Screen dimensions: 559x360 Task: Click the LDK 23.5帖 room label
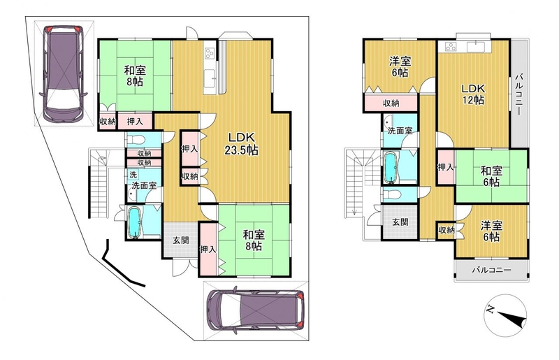pos(241,143)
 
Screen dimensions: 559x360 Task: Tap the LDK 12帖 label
pos(474,94)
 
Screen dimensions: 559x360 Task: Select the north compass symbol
pos(505,315)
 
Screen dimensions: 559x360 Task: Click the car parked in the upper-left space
pos(63,73)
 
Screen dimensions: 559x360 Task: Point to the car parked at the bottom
pos(255,310)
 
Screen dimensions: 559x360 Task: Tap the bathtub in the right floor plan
pos(390,167)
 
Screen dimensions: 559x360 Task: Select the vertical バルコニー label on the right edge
pos(519,94)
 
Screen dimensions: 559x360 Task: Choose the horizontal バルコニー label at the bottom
pos(492,270)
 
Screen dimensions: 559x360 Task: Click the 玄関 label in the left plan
pos(181,240)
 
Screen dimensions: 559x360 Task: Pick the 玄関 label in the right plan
pos(400,222)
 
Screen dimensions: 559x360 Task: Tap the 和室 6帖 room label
pos(491,176)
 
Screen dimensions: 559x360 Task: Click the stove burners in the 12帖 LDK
pos(451,47)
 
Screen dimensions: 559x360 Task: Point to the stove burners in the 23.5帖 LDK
pos(209,54)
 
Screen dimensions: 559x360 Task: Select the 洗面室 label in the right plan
pos(400,131)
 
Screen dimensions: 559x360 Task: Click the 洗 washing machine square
pos(133,175)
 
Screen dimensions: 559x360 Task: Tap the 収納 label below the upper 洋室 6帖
pos(391,103)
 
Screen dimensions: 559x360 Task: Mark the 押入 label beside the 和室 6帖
pos(446,167)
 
